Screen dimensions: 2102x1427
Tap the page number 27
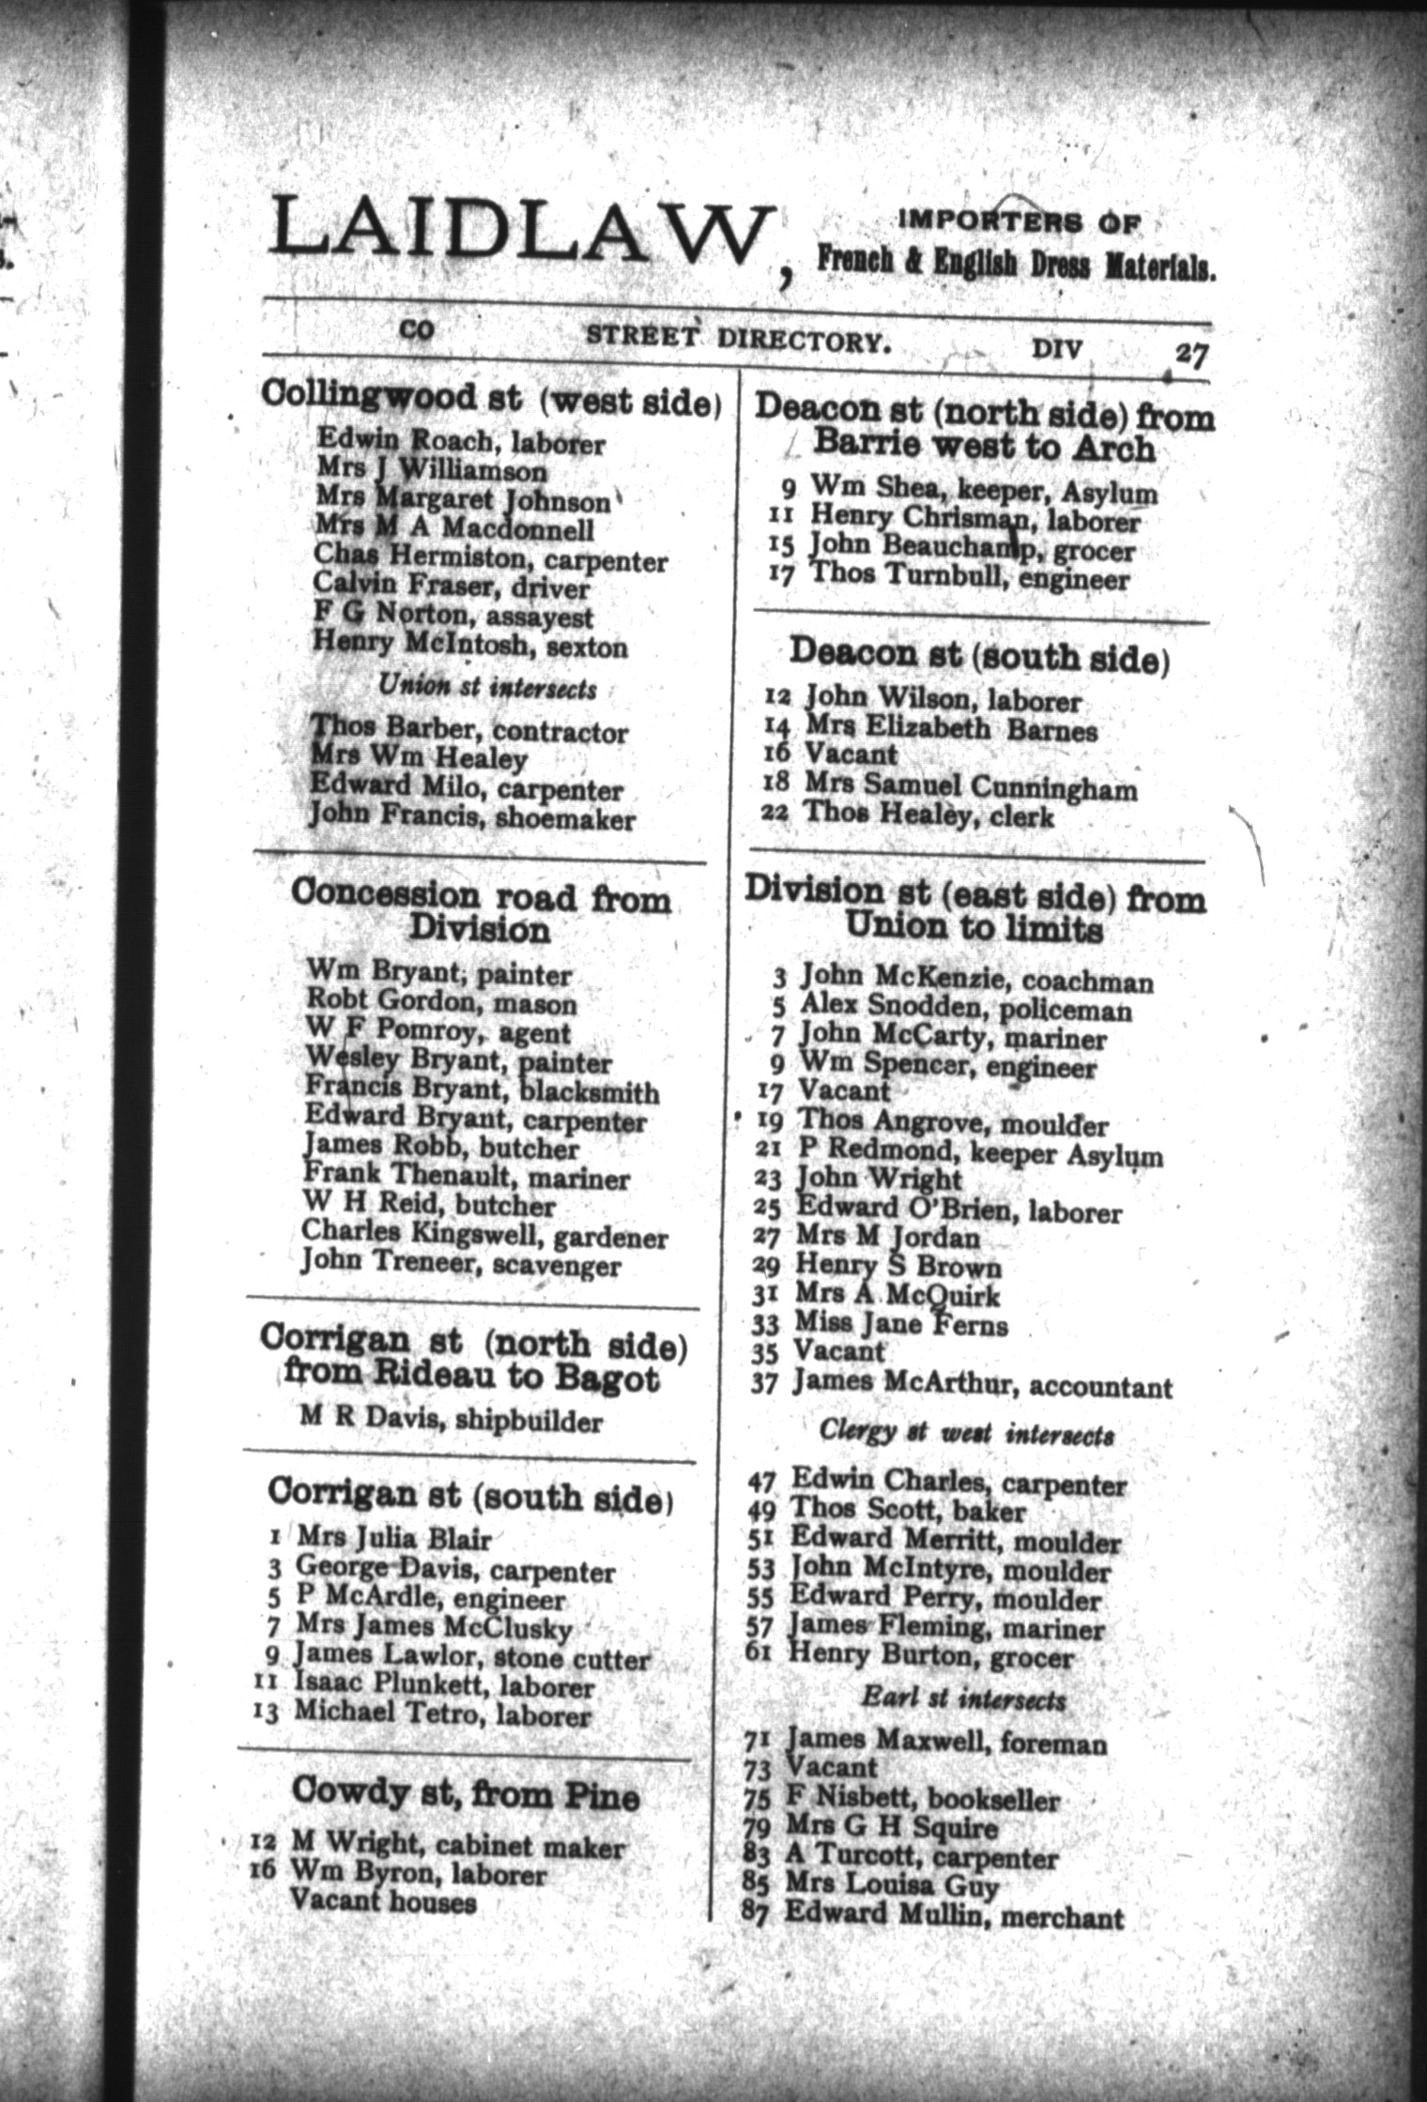(x=1190, y=356)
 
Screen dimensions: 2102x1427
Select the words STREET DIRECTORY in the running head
(x=736, y=338)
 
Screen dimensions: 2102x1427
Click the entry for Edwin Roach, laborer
(x=461, y=440)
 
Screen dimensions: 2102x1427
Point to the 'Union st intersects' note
(x=486, y=688)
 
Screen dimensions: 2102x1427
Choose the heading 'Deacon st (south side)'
(x=979, y=655)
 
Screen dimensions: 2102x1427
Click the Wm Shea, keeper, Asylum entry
(x=983, y=489)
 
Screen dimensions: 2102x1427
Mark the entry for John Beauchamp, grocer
(x=971, y=547)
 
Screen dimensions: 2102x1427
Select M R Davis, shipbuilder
(x=451, y=1420)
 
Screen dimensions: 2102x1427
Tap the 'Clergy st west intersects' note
(x=966, y=1433)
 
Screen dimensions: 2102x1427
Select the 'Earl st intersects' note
(x=963, y=1699)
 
